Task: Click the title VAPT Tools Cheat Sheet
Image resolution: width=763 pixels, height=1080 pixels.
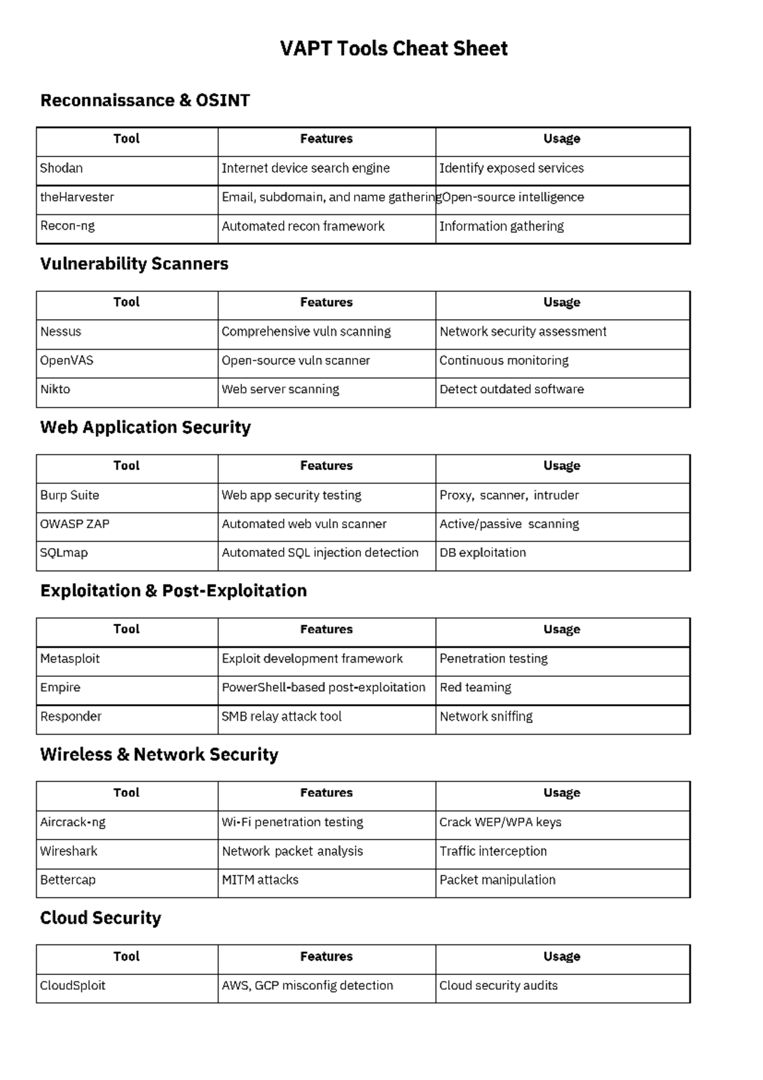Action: (x=394, y=49)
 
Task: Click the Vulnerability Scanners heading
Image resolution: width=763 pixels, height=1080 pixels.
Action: (x=134, y=264)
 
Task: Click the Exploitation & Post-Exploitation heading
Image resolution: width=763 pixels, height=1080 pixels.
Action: (x=174, y=591)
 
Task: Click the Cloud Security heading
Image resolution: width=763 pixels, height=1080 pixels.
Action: (x=100, y=918)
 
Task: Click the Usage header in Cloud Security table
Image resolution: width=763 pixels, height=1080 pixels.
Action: (x=561, y=957)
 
